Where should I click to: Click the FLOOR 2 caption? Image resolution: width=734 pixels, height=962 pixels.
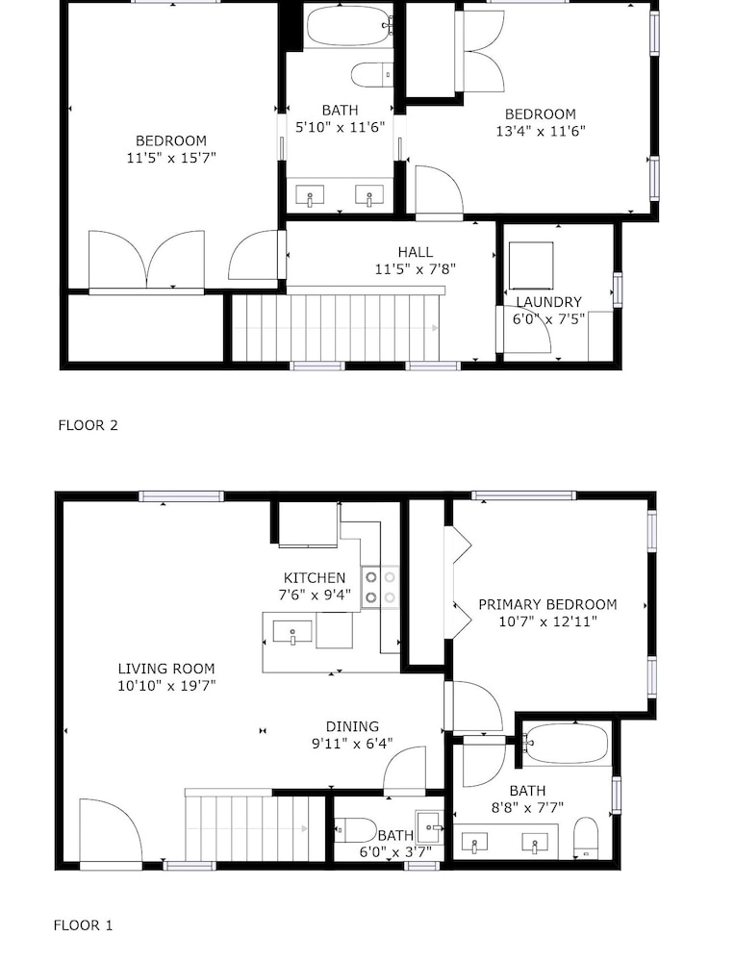(88, 425)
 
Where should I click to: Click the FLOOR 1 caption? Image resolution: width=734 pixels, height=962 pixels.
(84, 925)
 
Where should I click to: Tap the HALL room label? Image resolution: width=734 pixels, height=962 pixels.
(416, 251)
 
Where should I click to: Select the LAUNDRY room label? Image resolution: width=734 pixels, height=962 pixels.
(548, 302)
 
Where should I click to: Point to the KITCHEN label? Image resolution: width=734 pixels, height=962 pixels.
(315, 578)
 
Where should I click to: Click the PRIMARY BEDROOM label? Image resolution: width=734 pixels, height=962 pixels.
(547, 604)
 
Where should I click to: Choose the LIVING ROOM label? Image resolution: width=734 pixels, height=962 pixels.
(166, 669)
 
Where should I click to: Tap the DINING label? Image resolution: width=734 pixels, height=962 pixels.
(352, 727)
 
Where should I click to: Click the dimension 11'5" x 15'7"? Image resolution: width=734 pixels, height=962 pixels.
(171, 158)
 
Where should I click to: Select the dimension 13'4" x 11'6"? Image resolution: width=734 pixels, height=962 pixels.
(541, 131)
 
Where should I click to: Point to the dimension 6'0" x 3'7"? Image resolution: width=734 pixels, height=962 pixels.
(395, 852)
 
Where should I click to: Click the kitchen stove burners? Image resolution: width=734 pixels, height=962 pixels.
(380, 587)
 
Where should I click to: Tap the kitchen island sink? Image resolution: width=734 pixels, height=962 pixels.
(292, 632)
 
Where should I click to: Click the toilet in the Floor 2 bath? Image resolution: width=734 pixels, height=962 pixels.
(372, 75)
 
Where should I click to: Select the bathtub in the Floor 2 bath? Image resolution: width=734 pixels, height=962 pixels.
(348, 26)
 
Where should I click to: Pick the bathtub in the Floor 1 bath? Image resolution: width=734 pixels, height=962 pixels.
(566, 744)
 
